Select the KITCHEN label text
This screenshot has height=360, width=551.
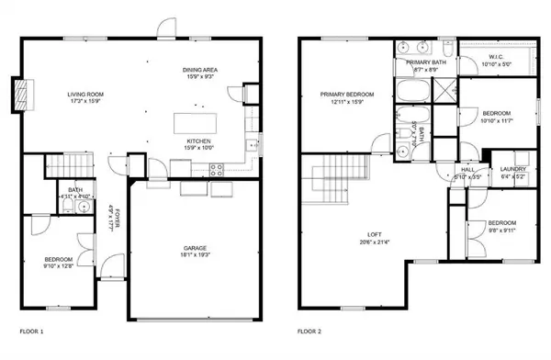click(x=199, y=141)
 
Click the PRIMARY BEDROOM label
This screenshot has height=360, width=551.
click(x=347, y=94)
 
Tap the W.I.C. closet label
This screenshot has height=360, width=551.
click(x=501, y=57)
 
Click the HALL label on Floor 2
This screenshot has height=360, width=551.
click(x=467, y=169)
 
